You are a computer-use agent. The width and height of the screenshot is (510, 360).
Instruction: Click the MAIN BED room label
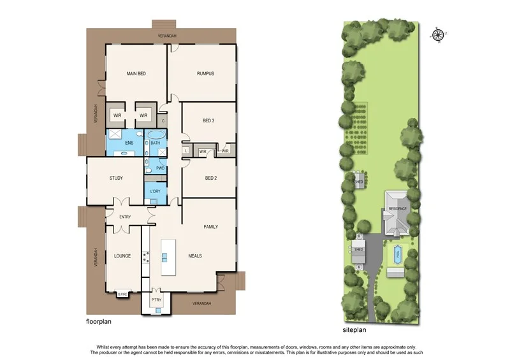tap(136, 74)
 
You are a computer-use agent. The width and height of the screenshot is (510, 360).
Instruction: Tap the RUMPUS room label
tap(205, 74)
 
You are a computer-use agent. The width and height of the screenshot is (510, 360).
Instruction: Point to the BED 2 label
tap(210, 178)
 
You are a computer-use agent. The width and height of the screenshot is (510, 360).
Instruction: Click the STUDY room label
tap(116, 178)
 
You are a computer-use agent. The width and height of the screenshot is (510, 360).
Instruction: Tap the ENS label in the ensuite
tap(129, 143)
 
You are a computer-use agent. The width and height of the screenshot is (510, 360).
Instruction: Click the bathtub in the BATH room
tap(156, 135)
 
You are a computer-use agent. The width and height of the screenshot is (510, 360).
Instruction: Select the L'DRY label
tap(155, 191)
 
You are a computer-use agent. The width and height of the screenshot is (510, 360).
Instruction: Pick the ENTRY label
tap(124, 217)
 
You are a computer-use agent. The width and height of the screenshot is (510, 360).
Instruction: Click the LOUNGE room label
tap(122, 256)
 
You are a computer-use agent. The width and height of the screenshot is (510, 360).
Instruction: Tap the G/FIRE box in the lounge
tap(122, 294)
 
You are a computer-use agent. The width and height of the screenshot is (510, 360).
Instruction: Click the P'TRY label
tap(156, 299)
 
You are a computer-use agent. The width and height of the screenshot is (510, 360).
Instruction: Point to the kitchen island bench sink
tap(165, 257)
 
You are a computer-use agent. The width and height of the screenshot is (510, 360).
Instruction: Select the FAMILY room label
tap(211, 227)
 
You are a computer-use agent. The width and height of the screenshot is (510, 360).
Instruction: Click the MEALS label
tap(195, 256)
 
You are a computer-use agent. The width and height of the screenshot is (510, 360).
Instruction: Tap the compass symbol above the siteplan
tap(437, 35)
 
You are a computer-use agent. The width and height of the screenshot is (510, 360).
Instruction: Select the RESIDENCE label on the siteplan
tap(398, 209)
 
